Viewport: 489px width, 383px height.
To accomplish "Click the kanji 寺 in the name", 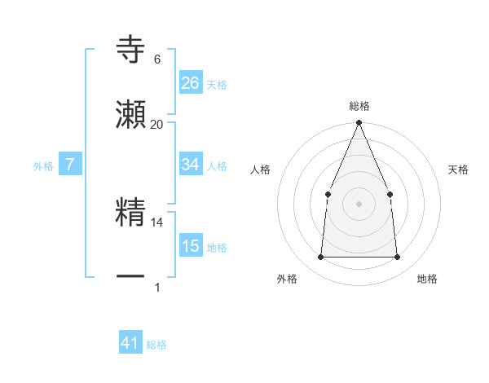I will click(131, 51).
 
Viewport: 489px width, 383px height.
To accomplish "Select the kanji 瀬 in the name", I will click(131, 115).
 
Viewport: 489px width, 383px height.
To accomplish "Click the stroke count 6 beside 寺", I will click(157, 59).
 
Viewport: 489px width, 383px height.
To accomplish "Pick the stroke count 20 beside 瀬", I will click(157, 124).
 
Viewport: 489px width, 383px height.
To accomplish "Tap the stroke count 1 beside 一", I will click(157, 287).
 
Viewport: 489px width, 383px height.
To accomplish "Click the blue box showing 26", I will click(191, 83).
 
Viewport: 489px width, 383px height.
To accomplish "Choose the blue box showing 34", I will click(191, 165).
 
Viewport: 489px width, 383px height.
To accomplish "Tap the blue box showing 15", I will click(191, 246).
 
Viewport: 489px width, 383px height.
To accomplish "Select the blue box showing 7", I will click(70, 165).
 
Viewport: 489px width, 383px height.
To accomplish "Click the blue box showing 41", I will click(130, 343).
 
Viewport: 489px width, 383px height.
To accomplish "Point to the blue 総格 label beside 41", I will click(156, 345).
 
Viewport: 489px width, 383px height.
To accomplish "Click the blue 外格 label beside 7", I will click(43, 166).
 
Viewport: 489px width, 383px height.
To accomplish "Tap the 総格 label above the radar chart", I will click(359, 106).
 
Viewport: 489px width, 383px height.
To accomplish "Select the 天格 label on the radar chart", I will click(458, 169).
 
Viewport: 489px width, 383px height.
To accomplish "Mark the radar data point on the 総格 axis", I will click(359, 123).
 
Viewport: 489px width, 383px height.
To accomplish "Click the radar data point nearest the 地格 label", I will click(397, 257).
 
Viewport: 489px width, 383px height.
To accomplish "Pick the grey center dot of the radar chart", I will click(359, 203).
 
